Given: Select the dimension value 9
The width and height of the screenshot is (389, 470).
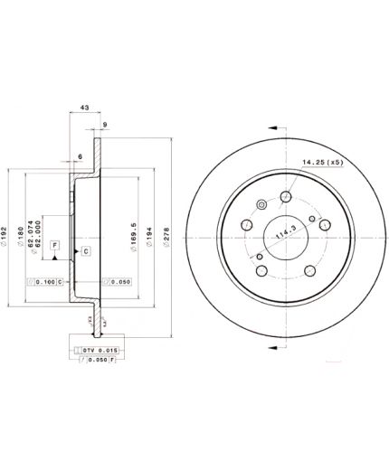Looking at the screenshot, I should coord(106,124).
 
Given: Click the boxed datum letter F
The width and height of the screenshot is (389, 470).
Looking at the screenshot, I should coord(54,245).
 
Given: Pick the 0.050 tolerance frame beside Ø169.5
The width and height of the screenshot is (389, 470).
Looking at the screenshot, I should coord(117,283).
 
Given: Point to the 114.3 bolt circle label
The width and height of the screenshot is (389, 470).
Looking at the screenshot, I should coord(287,233).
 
